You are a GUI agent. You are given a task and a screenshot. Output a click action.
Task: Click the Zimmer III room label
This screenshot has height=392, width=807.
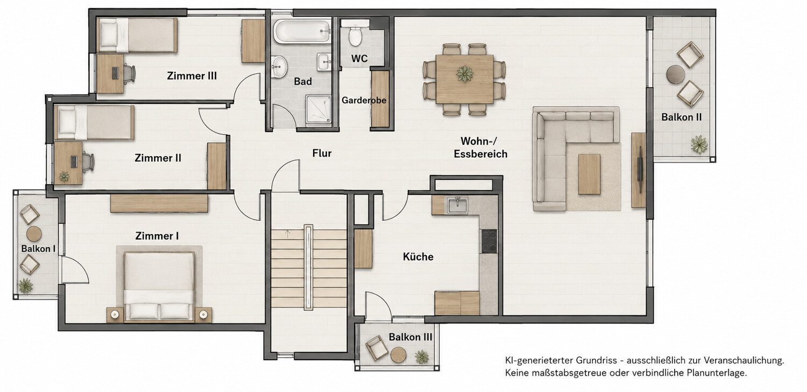192,76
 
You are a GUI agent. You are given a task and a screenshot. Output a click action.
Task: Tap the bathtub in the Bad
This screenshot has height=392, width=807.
302,31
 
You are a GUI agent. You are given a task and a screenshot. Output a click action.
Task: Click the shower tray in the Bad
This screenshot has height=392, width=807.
318,109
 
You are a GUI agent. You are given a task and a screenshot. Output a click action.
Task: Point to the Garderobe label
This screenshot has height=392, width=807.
364,100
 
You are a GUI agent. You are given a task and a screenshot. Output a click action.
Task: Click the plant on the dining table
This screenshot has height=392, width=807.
464,74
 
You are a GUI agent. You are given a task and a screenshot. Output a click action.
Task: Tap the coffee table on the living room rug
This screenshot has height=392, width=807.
590,174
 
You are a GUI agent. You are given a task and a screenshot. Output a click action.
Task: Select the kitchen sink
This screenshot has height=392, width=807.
457,205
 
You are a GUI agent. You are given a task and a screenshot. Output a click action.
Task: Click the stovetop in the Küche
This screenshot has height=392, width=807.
489,241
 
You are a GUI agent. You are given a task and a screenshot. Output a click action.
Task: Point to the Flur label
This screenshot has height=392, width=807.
322,153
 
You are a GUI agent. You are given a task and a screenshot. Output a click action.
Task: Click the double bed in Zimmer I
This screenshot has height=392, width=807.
159,286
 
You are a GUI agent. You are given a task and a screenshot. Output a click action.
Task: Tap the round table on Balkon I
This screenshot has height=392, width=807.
34,234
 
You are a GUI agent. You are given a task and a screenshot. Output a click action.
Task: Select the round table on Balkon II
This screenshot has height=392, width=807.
676,75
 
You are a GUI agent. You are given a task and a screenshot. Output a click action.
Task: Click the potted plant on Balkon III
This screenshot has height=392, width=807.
421,356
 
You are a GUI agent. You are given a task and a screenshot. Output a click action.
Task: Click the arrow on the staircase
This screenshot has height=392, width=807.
287,234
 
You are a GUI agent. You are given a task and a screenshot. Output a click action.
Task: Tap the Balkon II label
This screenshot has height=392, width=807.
682,117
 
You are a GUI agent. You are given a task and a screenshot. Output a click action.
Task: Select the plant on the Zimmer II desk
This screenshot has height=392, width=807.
64,176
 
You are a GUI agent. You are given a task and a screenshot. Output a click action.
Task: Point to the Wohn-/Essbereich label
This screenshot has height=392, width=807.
480,148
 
